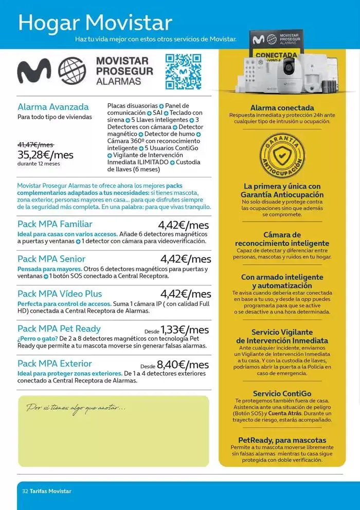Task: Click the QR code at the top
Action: tap(183, 71)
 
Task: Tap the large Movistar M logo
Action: tap(34, 71)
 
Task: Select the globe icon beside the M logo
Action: tap(72, 71)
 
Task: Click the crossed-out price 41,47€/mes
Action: tap(35, 145)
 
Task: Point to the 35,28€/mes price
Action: tap(45, 155)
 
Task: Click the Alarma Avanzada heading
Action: tap(53, 107)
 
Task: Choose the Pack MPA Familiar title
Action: tap(55, 224)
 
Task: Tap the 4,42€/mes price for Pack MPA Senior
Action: tap(185, 259)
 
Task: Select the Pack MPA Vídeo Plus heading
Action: tap(60, 294)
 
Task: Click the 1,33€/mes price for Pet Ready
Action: tap(185, 329)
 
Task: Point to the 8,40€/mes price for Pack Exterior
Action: tap(183, 364)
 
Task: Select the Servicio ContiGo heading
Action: tap(282, 393)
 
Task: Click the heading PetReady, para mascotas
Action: tap(282, 440)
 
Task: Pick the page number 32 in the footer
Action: tap(25, 491)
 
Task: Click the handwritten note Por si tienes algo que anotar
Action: tap(76, 408)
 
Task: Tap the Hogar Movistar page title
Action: tap(95, 23)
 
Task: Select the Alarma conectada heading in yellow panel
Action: tap(282, 108)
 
